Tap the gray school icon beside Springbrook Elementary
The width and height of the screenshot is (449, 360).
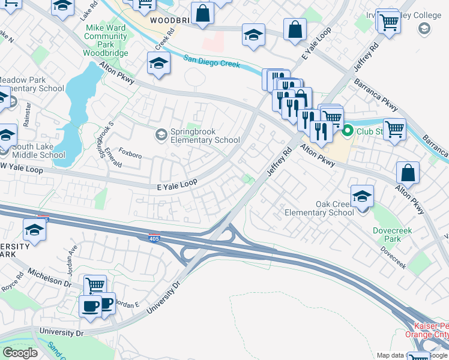point(160,134)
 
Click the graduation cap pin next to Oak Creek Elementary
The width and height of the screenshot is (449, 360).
point(362,197)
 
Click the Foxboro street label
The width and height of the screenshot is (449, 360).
point(130,154)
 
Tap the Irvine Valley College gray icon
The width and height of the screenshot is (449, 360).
point(424,29)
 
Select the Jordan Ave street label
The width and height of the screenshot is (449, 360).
point(73,257)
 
